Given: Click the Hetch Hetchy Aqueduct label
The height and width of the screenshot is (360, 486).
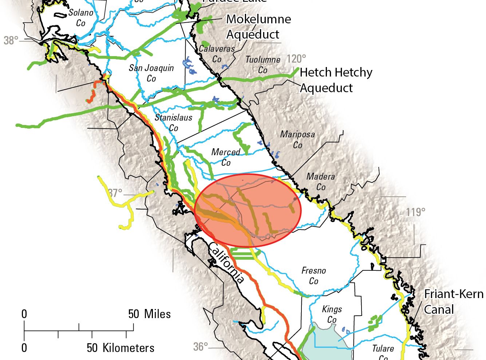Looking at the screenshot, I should (336, 80).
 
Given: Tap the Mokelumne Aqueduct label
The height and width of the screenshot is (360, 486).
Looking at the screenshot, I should (258, 27).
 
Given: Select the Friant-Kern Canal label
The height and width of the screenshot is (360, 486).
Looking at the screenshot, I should (454, 302).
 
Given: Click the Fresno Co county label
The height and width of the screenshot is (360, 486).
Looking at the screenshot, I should (313, 276).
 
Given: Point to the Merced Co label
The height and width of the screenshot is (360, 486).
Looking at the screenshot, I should (226, 157).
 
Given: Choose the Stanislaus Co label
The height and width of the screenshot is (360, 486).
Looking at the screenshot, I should (174, 122).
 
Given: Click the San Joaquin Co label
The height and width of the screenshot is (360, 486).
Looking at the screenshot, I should (151, 73).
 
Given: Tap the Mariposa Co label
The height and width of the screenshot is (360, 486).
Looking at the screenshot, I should (297, 140).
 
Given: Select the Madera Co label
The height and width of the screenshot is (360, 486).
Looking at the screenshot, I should (321, 181).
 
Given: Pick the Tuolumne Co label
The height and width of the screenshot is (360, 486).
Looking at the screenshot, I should (263, 64).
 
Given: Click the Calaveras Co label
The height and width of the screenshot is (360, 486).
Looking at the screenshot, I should (217, 54).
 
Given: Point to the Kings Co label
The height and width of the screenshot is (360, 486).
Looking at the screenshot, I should (332, 314).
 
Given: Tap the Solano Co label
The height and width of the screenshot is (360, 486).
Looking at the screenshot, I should (81, 17).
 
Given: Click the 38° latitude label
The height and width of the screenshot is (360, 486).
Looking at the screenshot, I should (11, 40).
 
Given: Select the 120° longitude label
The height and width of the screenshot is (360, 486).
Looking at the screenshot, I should (296, 58).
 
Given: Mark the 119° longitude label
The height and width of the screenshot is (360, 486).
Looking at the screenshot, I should (416, 212).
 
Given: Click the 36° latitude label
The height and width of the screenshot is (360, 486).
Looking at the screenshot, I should (201, 347).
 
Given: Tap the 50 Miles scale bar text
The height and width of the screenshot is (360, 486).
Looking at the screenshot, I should (149, 314).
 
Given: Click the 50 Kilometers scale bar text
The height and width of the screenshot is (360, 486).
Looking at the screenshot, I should (120, 348).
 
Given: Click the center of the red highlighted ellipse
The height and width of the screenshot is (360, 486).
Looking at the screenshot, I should (248, 211).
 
